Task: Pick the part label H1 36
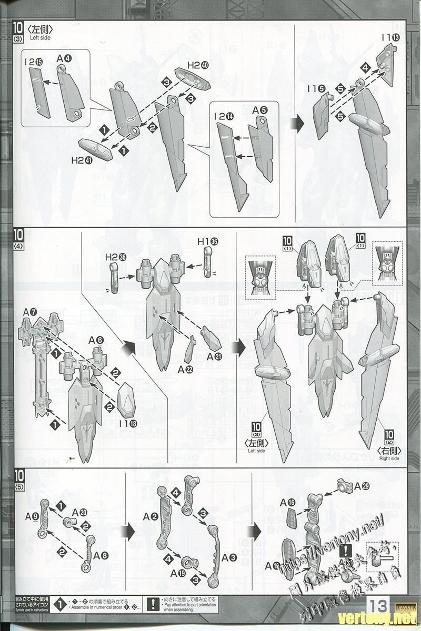(207, 241)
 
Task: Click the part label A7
(29, 313)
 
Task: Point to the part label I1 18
(127, 423)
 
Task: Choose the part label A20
(79, 512)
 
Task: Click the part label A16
(292, 502)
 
